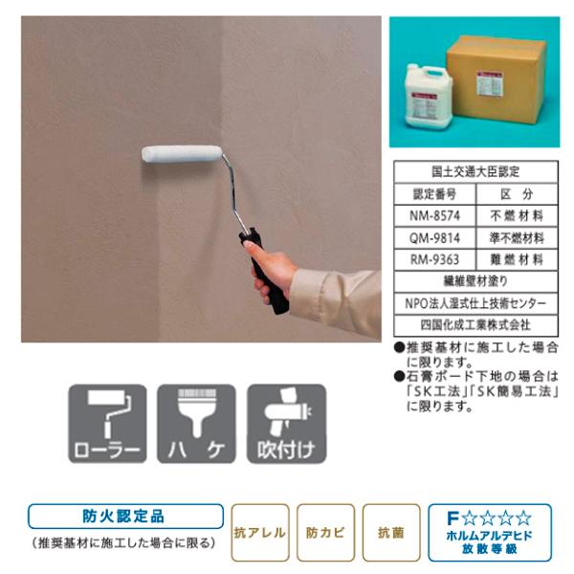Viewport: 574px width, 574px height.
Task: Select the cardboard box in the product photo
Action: coord(498,77)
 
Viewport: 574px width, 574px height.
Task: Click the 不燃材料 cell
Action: coord(517,216)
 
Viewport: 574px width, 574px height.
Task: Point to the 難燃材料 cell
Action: coord(517,259)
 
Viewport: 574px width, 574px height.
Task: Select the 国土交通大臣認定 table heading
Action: coord(475,173)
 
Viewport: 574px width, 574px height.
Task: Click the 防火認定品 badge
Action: coord(125,517)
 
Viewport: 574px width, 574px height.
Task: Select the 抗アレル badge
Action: coord(259,531)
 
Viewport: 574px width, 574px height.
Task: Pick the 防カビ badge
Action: coord(325,531)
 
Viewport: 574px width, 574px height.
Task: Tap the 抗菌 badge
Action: coord(390,531)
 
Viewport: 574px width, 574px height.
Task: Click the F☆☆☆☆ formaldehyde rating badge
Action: coord(489,531)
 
